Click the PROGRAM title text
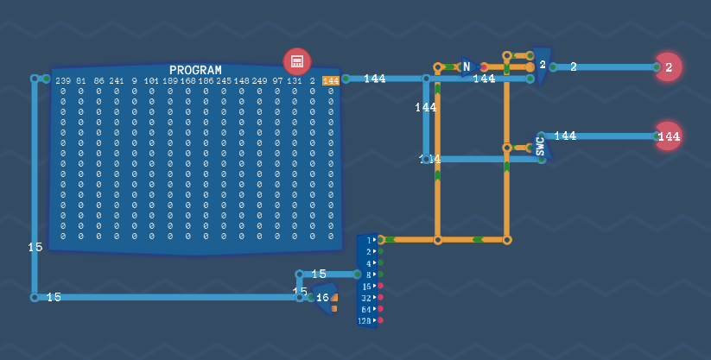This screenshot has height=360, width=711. click(x=195, y=70)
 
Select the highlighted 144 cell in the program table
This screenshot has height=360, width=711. click(x=330, y=80)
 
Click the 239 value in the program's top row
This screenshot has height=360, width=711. click(x=63, y=80)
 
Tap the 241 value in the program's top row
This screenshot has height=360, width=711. click(x=117, y=80)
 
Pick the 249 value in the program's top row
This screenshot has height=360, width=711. click(x=259, y=80)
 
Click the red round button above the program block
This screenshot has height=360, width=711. click(x=296, y=61)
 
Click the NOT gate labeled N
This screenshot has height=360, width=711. click(x=467, y=66)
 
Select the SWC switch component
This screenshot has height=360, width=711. click(x=541, y=146)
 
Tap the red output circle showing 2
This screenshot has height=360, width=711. click(x=668, y=66)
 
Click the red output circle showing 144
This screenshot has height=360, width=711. click(x=668, y=136)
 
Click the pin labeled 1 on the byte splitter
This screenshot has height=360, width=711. click(x=368, y=240)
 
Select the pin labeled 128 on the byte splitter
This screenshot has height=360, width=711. click(x=365, y=320)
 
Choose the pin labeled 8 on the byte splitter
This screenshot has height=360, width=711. click(x=368, y=275)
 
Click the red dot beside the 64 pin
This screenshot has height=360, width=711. click(x=380, y=308)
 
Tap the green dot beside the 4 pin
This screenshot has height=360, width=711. click(x=380, y=262)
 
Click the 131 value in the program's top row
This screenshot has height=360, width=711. click(x=295, y=80)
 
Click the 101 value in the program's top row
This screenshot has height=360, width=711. click(x=151, y=80)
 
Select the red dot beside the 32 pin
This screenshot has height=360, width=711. click(x=380, y=297)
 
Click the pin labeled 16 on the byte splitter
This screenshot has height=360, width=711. click(x=367, y=286)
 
